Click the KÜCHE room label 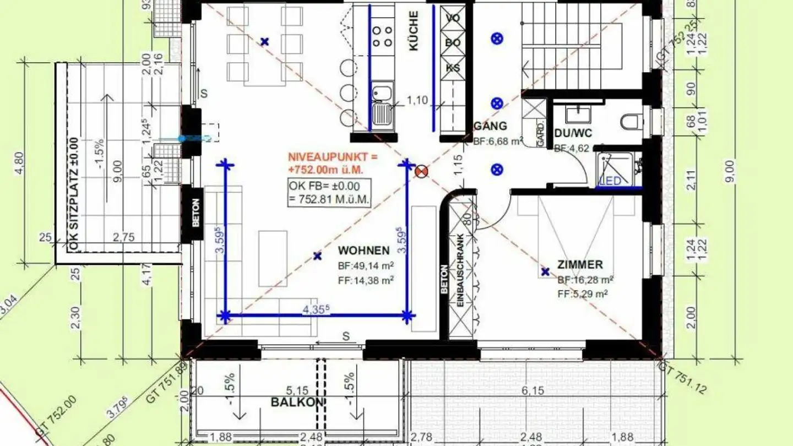click(x=414, y=32)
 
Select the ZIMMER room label click(x=579, y=264)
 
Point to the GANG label click(x=490, y=126)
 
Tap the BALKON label click(x=297, y=402)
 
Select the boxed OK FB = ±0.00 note click(x=329, y=192)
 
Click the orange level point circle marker click(x=422, y=173)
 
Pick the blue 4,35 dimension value click(x=317, y=309)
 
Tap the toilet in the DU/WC click(x=629, y=121)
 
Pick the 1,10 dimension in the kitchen click(x=417, y=100)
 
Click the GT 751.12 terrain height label click(x=683, y=379)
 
